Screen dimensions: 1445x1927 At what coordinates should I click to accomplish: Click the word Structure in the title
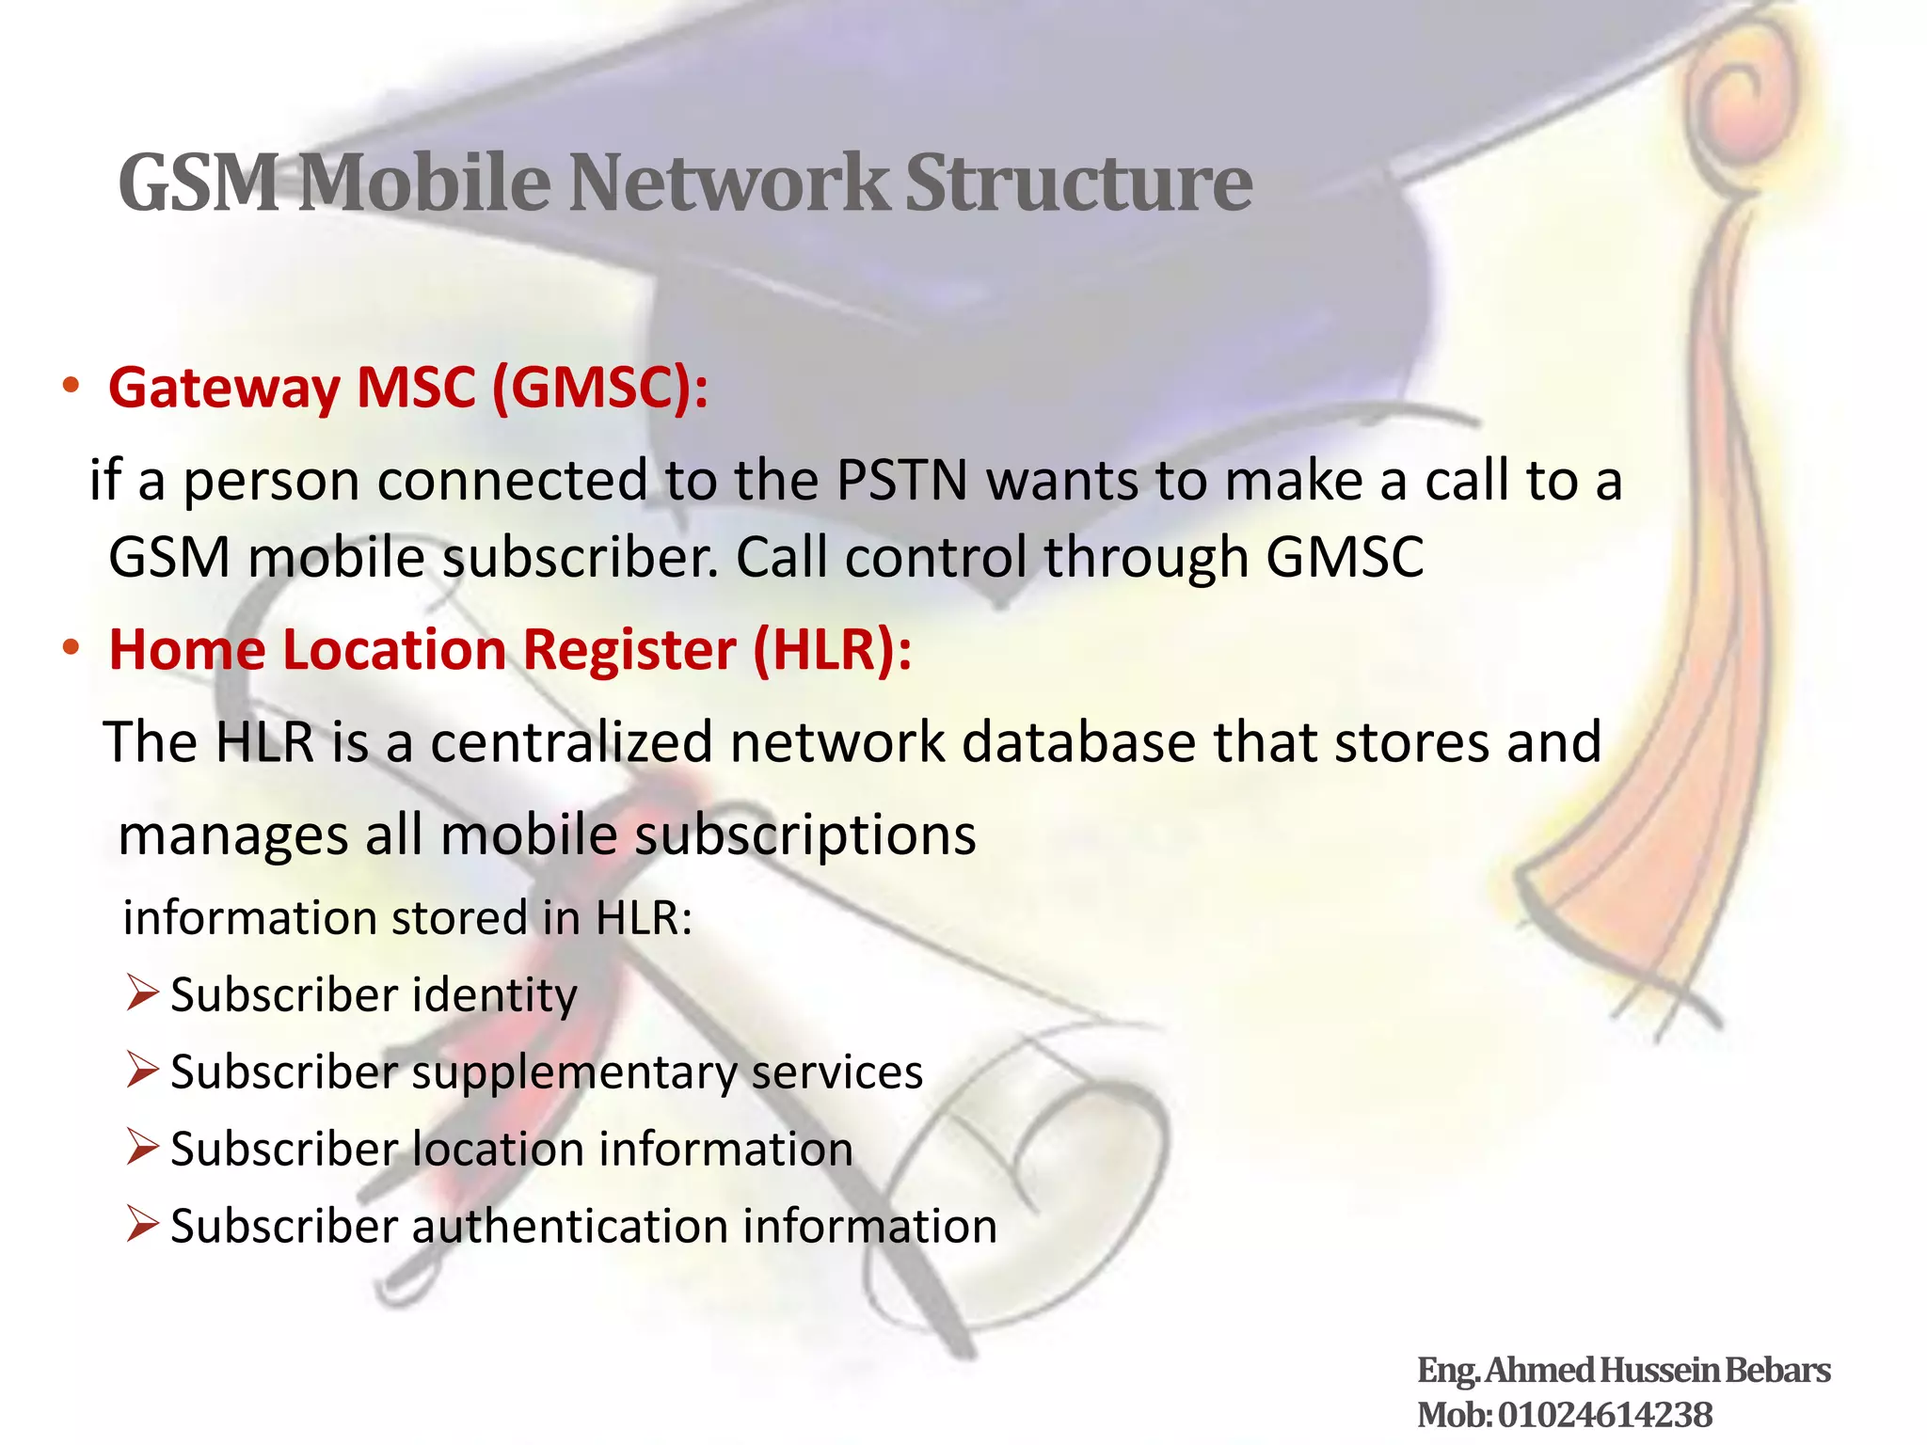click(x=1078, y=183)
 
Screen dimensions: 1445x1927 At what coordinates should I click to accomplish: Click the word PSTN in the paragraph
click(x=901, y=481)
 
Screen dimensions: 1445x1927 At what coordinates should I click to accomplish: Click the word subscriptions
click(x=805, y=835)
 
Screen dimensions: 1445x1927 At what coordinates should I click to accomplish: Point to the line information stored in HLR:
click(x=407, y=918)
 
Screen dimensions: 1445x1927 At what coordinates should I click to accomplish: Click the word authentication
click(x=570, y=1227)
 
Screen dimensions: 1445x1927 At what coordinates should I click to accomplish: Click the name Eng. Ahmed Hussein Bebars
click(x=1623, y=1371)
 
